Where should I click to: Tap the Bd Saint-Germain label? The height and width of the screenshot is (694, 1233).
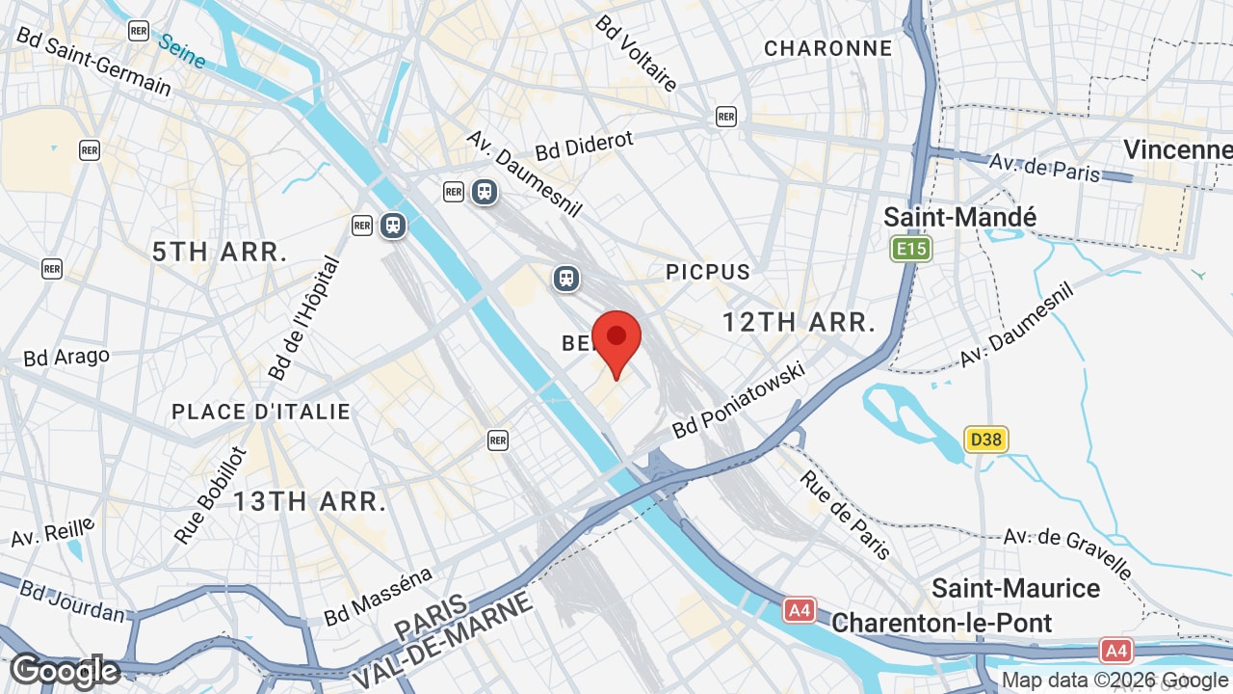click(x=93, y=61)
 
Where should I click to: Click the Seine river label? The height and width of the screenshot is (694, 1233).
click(x=181, y=51)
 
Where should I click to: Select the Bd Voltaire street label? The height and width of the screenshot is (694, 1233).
click(x=637, y=52)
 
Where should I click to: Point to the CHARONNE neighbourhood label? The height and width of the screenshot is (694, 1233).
click(x=827, y=48)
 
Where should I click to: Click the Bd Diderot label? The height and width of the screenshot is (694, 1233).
click(x=585, y=146)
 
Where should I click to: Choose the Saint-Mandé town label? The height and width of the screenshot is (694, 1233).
click(x=960, y=218)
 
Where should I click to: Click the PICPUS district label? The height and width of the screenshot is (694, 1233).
click(x=708, y=272)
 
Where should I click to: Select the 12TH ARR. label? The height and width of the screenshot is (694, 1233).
click(x=799, y=322)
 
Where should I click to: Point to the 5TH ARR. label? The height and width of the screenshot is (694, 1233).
click(x=221, y=253)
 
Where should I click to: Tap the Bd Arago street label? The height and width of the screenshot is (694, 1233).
click(x=66, y=357)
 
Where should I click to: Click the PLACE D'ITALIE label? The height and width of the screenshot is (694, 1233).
click(x=261, y=412)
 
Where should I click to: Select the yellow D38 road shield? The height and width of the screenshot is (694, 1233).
click(x=984, y=440)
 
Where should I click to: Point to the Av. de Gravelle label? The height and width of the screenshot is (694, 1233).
click(x=1067, y=551)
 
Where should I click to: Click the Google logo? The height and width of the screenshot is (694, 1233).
click(x=65, y=672)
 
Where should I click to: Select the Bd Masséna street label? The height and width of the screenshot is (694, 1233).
click(x=379, y=597)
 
